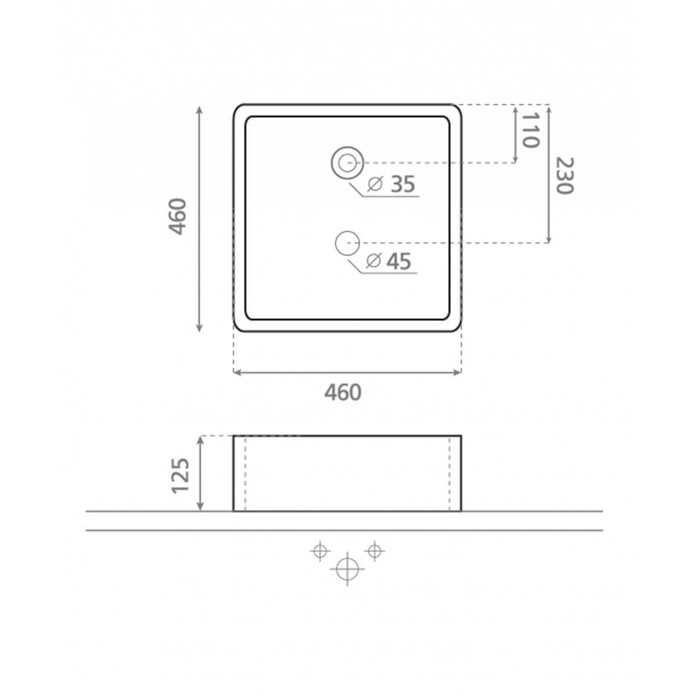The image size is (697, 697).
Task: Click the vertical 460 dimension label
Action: (x=177, y=217)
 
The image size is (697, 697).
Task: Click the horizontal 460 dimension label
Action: (x=343, y=393)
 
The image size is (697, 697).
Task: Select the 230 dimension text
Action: (x=564, y=175)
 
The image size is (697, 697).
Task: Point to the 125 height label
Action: (x=181, y=475)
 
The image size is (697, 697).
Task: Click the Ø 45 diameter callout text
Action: (x=389, y=261)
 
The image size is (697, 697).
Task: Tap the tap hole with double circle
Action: (x=347, y=162)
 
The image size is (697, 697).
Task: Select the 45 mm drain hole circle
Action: (x=347, y=243)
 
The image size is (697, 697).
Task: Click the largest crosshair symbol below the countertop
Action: (x=347, y=569)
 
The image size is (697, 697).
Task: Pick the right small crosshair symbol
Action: (x=375, y=550)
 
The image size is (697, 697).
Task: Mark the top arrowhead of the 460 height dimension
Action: (x=199, y=109)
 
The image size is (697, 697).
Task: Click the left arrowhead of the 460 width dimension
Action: (x=236, y=372)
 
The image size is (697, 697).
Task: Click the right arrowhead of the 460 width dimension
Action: (x=458, y=372)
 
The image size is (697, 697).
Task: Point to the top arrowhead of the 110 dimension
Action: (x=515, y=109)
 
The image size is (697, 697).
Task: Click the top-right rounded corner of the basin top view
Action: (x=457, y=109)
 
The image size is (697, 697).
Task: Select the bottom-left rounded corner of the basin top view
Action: (x=238, y=327)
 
